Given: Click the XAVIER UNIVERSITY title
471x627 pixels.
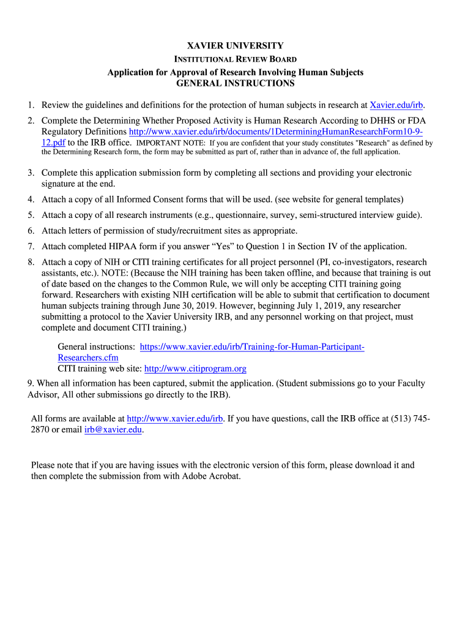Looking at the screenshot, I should tap(236, 46).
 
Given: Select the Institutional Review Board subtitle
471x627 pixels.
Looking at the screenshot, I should tap(236, 59).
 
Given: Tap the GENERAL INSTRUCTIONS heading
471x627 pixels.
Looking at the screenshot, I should tap(236, 83).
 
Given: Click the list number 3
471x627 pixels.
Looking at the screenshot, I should tap(30, 173).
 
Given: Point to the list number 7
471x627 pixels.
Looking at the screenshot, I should tap(30, 247).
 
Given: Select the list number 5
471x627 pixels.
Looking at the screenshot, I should tap(30, 215).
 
